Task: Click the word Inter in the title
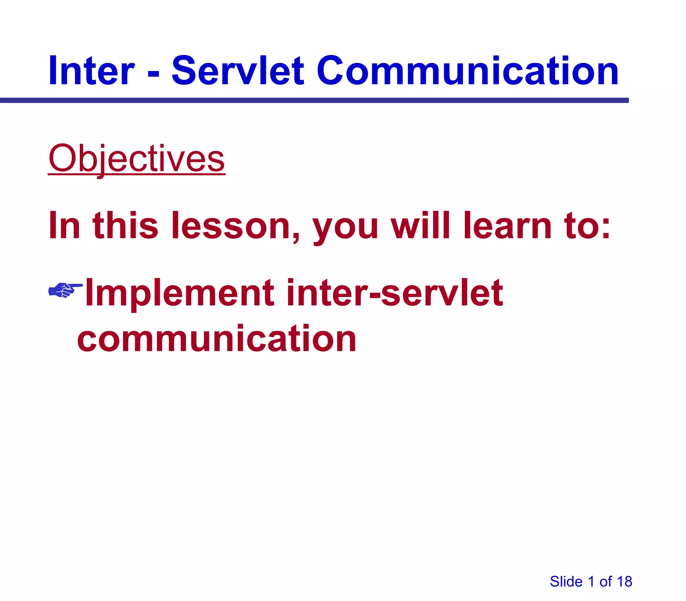point(91,71)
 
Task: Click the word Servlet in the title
point(238,71)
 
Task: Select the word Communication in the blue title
point(467,71)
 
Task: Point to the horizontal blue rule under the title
point(314,100)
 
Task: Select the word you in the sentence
point(346,228)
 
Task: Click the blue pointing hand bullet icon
point(65,289)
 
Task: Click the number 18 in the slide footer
point(624,582)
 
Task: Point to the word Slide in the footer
point(566,582)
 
